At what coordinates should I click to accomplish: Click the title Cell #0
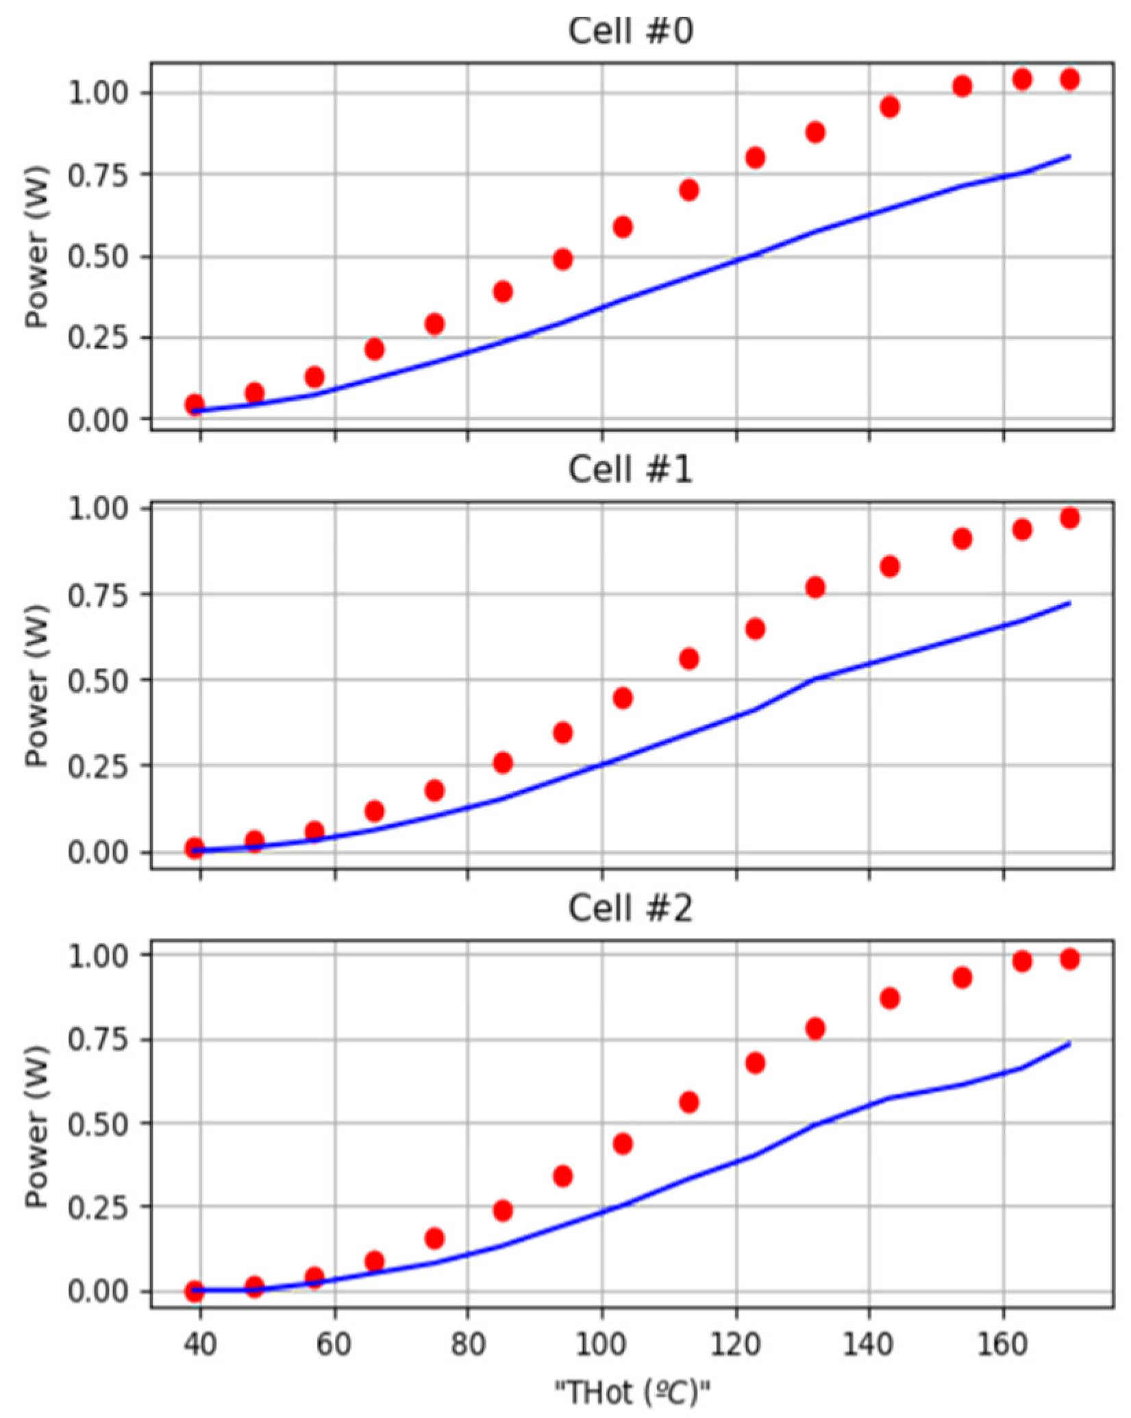tap(630, 31)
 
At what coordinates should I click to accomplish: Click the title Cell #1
tap(630, 470)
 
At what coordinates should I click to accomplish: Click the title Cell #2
tap(630, 909)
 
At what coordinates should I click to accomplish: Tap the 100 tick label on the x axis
tap(601, 1345)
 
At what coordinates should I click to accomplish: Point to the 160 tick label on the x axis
tap(1004, 1345)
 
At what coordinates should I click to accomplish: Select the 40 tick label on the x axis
tap(200, 1345)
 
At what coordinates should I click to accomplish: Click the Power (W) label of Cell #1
tap(37, 685)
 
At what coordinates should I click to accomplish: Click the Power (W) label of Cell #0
tap(37, 247)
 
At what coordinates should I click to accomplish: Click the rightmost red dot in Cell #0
tap(1069, 79)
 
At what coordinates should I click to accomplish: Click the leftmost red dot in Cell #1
tap(195, 848)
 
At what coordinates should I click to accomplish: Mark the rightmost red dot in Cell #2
tap(1069, 959)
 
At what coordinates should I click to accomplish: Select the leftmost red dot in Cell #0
tap(195, 404)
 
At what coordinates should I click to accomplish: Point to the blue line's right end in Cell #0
tap(1069, 156)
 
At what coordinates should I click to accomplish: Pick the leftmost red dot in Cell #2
tap(195, 1291)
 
